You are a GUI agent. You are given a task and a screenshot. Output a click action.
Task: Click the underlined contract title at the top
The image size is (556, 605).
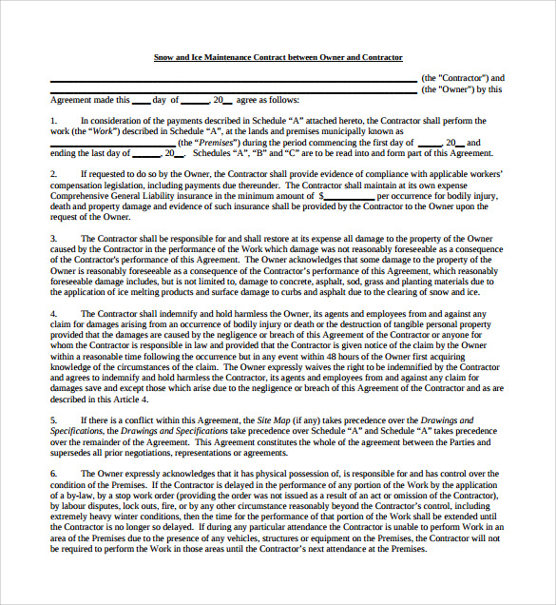278,58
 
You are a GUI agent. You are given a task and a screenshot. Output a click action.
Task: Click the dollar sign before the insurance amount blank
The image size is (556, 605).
309,194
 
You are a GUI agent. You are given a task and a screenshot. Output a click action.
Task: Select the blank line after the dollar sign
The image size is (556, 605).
343,195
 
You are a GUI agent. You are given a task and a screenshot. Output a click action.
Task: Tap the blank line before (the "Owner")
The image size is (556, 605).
233,90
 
